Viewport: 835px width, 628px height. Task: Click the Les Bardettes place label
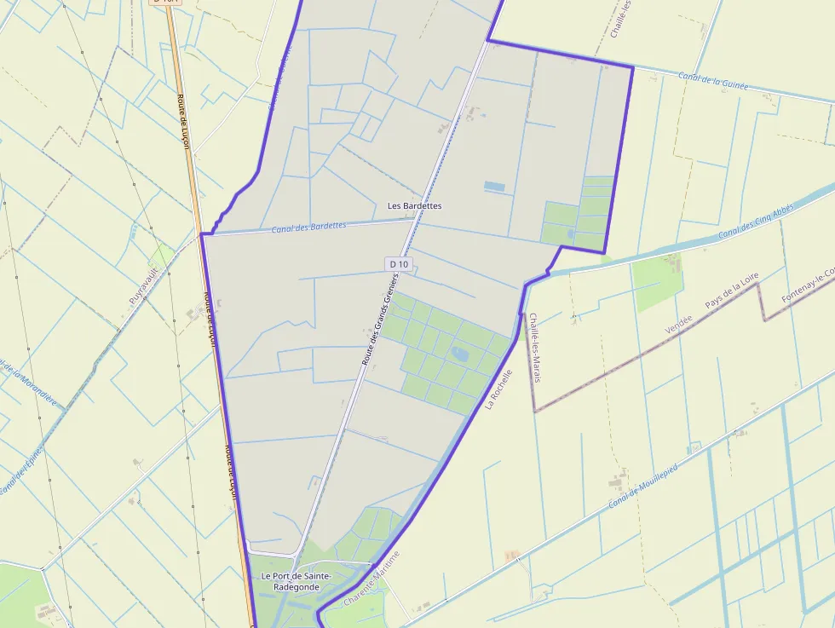pos(414,205)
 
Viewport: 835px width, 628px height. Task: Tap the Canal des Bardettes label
pos(308,227)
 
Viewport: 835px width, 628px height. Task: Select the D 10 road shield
pos(399,264)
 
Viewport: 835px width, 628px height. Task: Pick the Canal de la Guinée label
pos(712,81)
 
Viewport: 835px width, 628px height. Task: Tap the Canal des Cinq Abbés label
pos(756,223)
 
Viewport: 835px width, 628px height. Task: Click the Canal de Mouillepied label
pos(648,482)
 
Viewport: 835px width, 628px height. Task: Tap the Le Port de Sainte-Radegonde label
pos(296,581)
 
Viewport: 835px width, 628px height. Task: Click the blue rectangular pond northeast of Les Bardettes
pos(494,185)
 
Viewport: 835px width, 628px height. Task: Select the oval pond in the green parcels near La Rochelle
pos(460,352)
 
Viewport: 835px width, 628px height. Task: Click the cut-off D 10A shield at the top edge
pos(164,3)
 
